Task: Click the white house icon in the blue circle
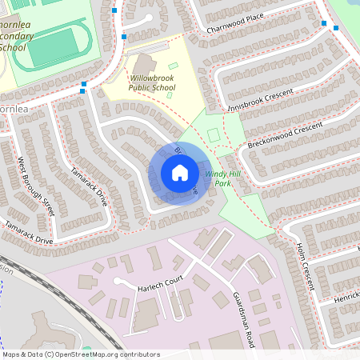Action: click(x=179, y=173)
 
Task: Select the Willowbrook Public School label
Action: click(x=152, y=83)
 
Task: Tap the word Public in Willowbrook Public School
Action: click(x=152, y=88)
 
